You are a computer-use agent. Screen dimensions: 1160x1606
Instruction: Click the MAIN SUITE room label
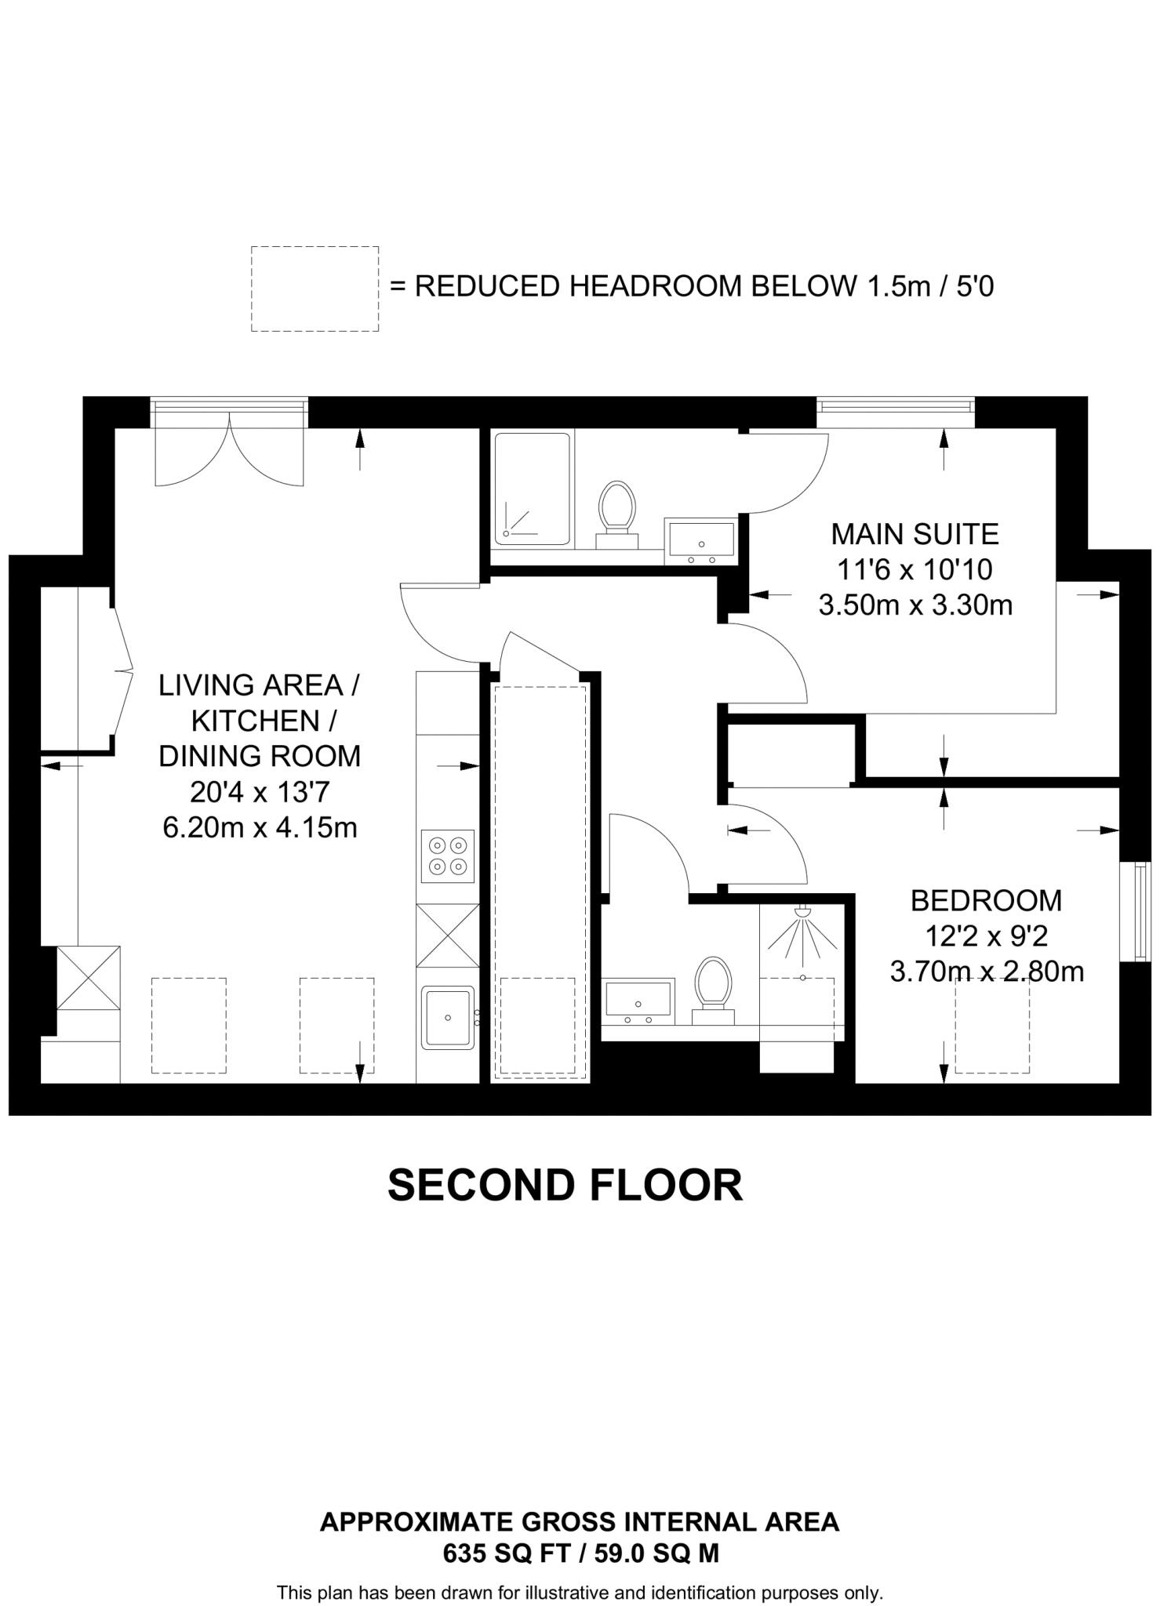coord(915,534)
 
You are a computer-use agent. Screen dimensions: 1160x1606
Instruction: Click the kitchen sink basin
coord(448,1017)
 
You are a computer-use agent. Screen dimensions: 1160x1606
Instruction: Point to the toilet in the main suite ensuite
coord(616,514)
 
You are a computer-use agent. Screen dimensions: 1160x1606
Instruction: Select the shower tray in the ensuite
coord(532,488)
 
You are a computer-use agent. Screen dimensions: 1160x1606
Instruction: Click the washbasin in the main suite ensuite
coord(700,540)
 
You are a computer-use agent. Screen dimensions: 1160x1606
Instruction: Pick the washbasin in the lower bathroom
coord(638,1001)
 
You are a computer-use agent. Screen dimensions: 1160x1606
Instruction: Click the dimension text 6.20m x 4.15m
coord(260,827)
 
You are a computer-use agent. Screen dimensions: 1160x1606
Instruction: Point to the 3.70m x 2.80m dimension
coord(987,972)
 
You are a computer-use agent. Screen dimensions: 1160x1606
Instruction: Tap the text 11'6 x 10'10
coord(915,569)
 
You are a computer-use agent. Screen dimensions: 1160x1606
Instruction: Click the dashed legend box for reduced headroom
coord(315,289)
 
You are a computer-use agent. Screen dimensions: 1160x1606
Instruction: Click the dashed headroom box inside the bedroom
coord(992,1026)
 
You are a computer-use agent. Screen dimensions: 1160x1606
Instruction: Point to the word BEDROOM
coord(986,900)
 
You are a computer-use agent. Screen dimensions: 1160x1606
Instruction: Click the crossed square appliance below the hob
coord(448,936)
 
